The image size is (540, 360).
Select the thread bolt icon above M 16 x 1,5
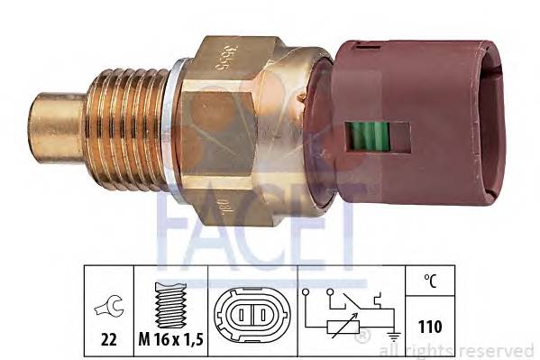coord(169,293)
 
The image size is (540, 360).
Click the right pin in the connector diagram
coord(259,317)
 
